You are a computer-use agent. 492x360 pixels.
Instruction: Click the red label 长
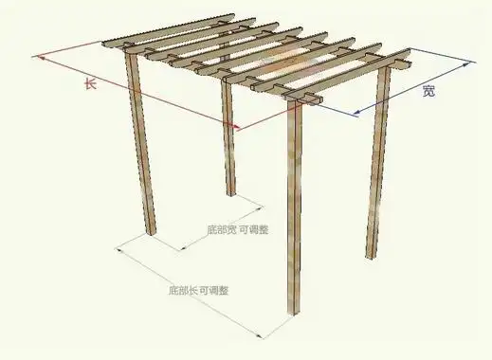(x=90, y=84)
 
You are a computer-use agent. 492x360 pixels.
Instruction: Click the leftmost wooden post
(x=141, y=142)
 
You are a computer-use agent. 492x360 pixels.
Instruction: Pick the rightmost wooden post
(x=377, y=161)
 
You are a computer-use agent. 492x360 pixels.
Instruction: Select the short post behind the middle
(x=228, y=142)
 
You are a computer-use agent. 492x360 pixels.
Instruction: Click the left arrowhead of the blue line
(x=356, y=115)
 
